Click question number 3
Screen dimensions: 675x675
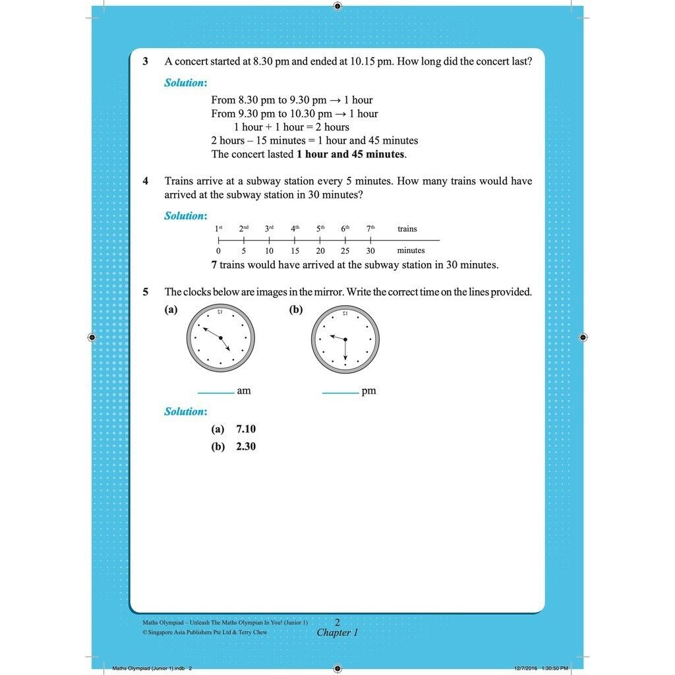click(146, 61)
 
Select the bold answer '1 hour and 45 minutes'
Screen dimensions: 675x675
click(351, 154)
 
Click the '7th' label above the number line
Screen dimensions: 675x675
click(370, 229)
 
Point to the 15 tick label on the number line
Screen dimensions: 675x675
click(295, 250)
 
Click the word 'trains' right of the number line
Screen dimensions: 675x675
click(407, 229)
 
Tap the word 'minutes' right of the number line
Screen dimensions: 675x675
click(411, 250)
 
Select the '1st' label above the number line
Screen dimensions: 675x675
click(219, 229)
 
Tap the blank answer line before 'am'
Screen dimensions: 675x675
click(216, 394)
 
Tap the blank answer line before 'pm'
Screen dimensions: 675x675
click(340, 394)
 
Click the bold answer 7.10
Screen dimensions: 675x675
click(246, 429)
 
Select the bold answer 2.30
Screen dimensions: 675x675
click(246, 446)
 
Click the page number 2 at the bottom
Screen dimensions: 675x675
click(337, 622)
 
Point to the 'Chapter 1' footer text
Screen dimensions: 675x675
click(337, 633)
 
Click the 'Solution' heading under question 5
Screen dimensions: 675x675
click(185, 411)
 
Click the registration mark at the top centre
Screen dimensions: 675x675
click(337, 6)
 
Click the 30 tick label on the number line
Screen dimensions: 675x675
click(370, 250)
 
